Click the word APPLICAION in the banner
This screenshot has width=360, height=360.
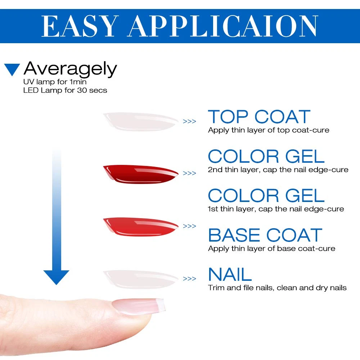222,26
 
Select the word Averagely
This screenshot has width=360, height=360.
70,69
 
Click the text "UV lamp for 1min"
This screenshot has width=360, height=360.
55,82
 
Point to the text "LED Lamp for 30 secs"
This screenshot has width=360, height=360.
65,90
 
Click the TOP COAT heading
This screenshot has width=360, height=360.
259,117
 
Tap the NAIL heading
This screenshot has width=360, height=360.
230,274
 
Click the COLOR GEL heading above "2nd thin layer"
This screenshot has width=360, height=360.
266,156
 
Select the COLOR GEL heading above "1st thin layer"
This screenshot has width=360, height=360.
266,195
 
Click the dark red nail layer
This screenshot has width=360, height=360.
140,174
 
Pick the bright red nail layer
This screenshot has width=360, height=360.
140,227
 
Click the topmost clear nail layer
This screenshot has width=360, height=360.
140,122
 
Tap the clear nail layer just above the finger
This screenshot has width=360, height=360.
140,279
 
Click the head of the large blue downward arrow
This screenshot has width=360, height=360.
56,277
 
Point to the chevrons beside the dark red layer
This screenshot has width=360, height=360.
189,174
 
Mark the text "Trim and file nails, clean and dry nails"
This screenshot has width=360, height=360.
277,288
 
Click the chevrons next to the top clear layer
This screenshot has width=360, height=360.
189,121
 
